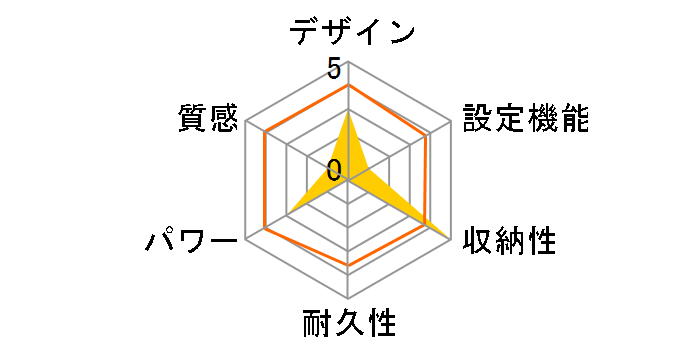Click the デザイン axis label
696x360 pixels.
[x=352, y=31]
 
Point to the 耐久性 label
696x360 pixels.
[x=349, y=324]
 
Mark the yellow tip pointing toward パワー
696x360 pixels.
[x=290, y=212]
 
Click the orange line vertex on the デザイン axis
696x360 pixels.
[x=348, y=86]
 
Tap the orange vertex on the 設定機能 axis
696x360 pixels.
[x=429, y=134]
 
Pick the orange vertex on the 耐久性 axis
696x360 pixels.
[x=348, y=266]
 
